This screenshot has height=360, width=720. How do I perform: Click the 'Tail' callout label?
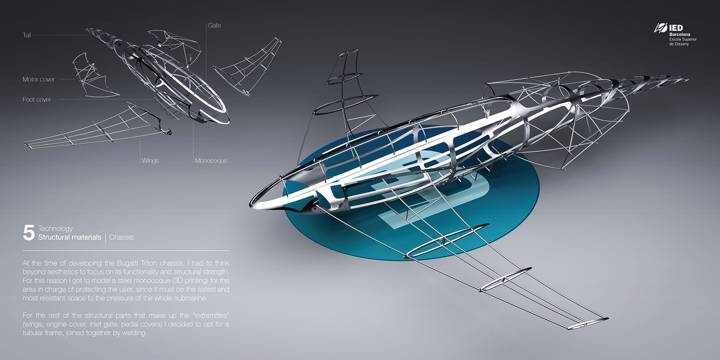pyautogui.click(x=27, y=35)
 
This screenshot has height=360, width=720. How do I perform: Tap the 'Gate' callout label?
pyautogui.click(x=214, y=25)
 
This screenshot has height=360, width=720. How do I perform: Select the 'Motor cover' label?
pyautogui.click(x=39, y=80)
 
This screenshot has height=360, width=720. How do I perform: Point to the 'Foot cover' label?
pyautogui.click(x=37, y=99)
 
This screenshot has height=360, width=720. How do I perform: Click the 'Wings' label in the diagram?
pyautogui.click(x=150, y=160)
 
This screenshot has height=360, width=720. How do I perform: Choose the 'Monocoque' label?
pyautogui.click(x=211, y=160)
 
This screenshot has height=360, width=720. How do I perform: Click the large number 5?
pyautogui.click(x=28, y=233)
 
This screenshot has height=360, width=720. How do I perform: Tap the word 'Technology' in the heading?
pyautogui.click(x=56, y=228)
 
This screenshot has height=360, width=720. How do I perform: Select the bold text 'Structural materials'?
pyautogui.click(x=70, y=237)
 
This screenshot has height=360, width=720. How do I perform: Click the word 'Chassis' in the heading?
pyautogui.click(x=121, y=237)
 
